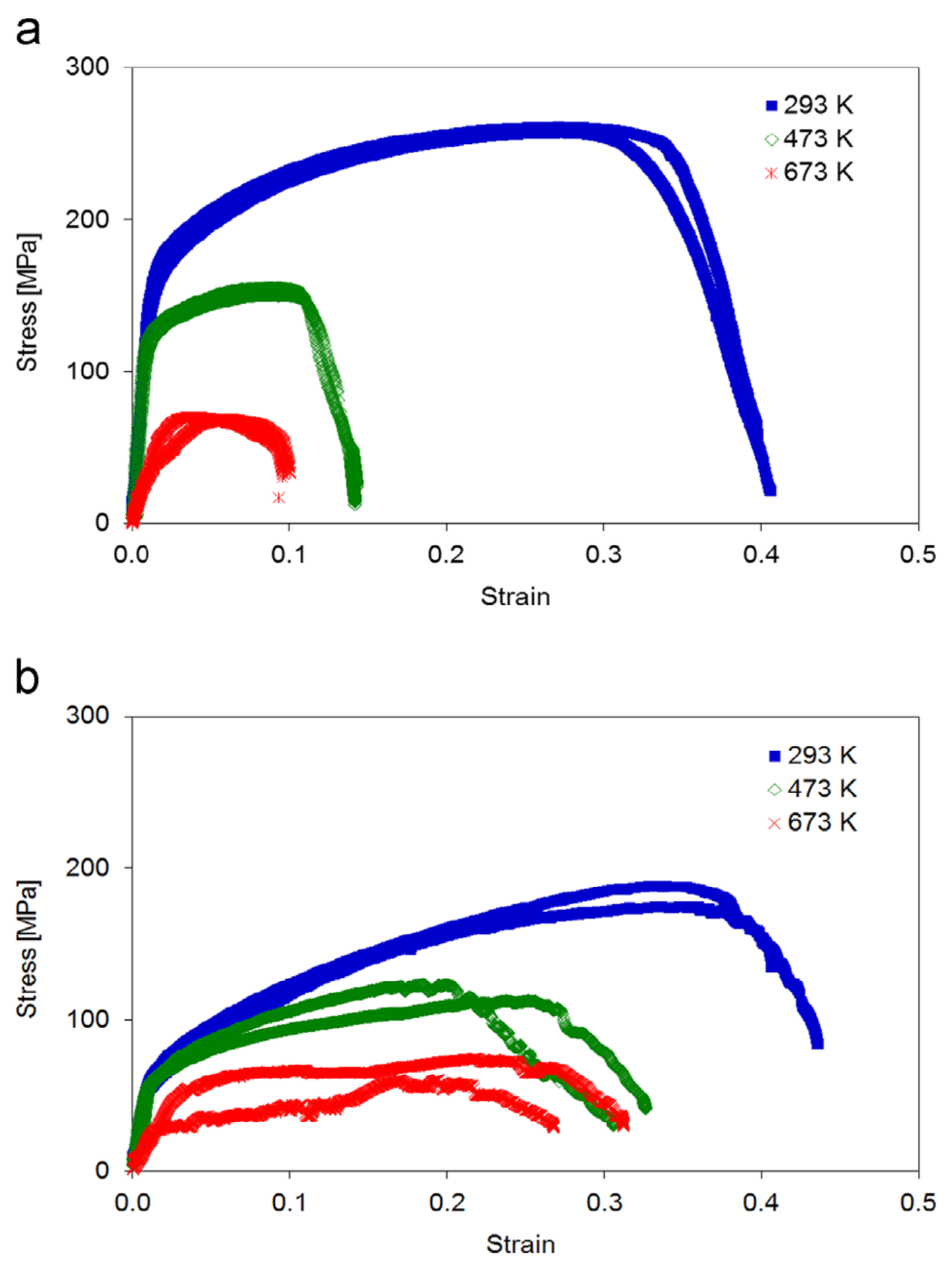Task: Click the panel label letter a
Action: (28, 32)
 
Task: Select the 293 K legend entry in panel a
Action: (810, 105)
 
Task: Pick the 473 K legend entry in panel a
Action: (810, 139)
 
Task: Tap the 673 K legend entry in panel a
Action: (810, 172)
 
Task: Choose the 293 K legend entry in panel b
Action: (813, 755)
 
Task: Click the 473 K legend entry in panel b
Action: (813, 789)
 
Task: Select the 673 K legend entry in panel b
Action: (813, 822)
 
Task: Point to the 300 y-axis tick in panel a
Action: (87, 67)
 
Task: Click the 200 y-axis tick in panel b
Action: (87, 867)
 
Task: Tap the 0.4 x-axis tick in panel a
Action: (761, 555)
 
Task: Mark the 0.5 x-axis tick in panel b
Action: (918, 1203)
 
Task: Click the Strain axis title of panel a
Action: (515, 597)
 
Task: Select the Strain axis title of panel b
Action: (521, 1244)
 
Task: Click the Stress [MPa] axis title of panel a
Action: (28, 302)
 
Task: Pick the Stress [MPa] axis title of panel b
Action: (28, 950)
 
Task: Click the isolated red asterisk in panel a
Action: (279, 497)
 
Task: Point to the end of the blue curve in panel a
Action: (770, 490)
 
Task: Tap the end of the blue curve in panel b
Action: (817, 1043)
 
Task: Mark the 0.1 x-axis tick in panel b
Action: (289, 1203)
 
